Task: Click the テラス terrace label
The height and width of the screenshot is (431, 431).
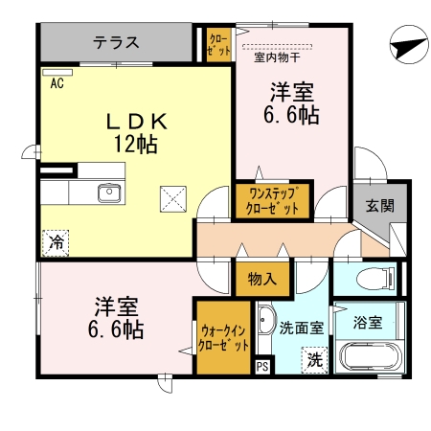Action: pyautogui.click(x=117, y=43)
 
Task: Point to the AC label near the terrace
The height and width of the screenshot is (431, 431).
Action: pyautogui.click(x=57, y=83)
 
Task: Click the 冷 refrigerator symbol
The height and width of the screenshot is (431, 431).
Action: pyautogui.click(x=57, y=243)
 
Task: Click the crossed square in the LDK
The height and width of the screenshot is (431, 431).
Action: pyautogui.click(x=173, y=199)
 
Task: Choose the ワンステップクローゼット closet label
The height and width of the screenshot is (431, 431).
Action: pyautogui.click(x=272, y=201)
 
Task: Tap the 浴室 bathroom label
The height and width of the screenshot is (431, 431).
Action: pyautogui.click(x=367, y=322)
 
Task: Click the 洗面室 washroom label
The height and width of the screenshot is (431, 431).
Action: pyautogui.click(x=301, y=327)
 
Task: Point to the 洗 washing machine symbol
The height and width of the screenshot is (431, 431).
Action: pyautogui.click(x=313, y=361)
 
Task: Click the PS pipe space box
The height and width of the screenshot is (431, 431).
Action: pyautogui.click(x=262, y=365)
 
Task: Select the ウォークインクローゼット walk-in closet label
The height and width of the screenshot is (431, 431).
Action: pyautogui.click(x=224, y=338)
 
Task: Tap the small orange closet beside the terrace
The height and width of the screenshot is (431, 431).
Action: pyautogui.click(x=219, y=44)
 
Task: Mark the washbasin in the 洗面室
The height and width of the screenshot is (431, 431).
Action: pyautogui.click(x=266, y=323)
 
